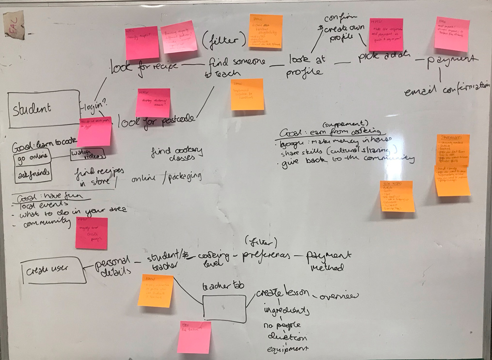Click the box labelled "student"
(x=43, y=109)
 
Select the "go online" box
(x=32, y=159)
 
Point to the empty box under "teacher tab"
(x=224, y=309)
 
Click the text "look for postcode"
(x=157, y=119)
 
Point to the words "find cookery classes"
(x=176, y=154)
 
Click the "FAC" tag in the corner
(x=14, y=24)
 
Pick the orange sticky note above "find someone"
(x=265, y=31)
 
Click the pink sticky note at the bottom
(x=194, y=337)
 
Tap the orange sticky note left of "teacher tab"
(x=155, y=291)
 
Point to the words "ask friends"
(x=32, y=174)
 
